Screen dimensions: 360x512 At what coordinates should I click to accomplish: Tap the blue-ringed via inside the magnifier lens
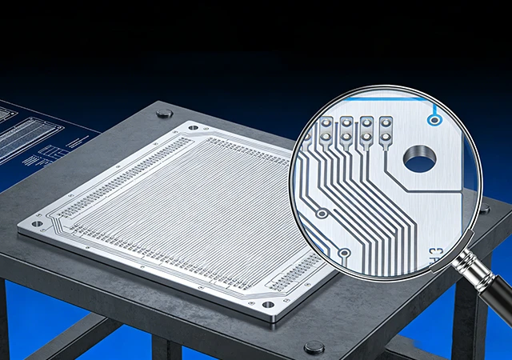434,120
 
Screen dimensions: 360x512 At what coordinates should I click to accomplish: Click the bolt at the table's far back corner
164,113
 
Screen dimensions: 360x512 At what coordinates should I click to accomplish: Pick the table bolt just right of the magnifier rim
484,209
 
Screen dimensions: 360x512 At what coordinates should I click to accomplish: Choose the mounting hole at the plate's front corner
267,305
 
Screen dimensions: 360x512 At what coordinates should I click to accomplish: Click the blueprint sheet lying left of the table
36,140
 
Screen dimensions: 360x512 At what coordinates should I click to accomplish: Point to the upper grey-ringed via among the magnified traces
321,214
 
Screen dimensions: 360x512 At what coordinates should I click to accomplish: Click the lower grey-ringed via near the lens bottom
343,254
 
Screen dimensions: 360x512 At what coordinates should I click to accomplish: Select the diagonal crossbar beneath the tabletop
72,336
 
